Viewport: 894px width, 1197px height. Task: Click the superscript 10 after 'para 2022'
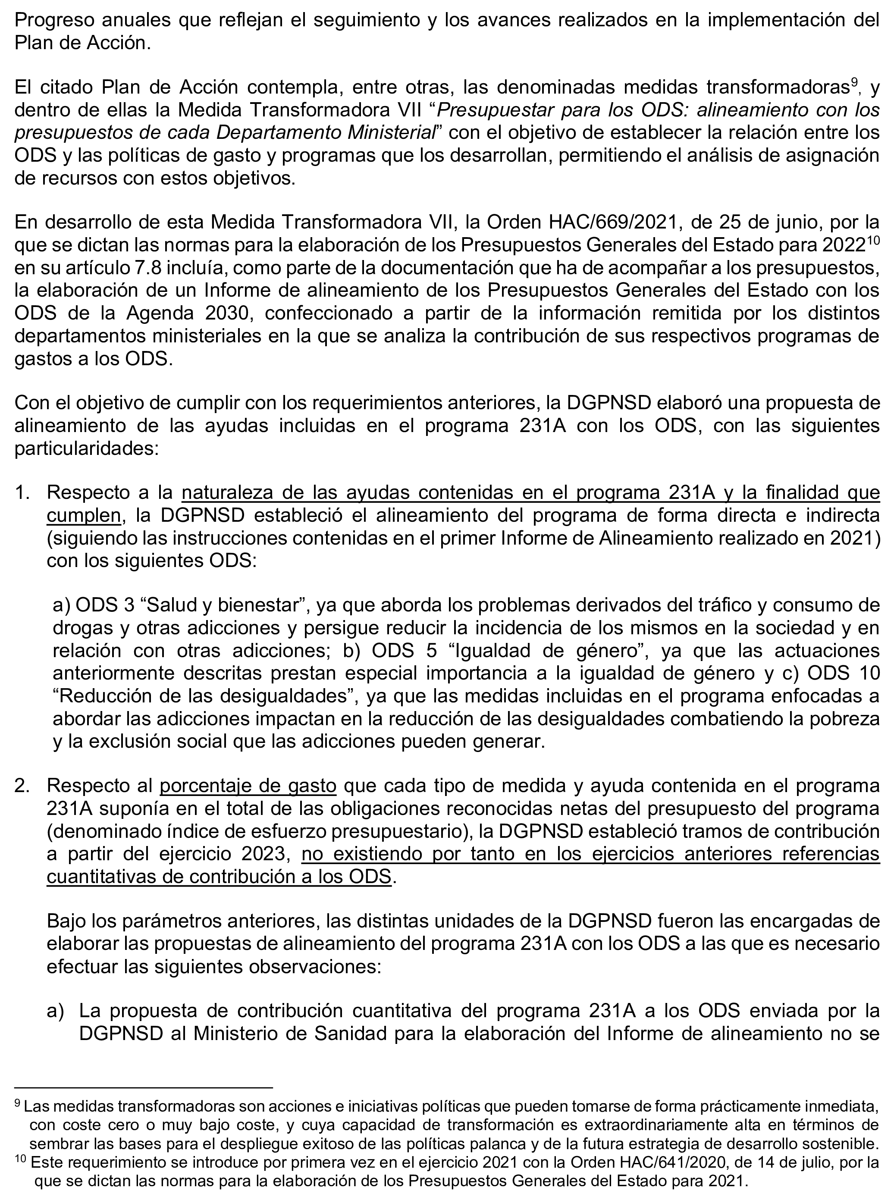click(872, 241)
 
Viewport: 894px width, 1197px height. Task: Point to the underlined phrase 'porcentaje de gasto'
click(248, 786)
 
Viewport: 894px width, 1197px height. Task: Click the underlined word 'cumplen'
click(83, 516)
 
